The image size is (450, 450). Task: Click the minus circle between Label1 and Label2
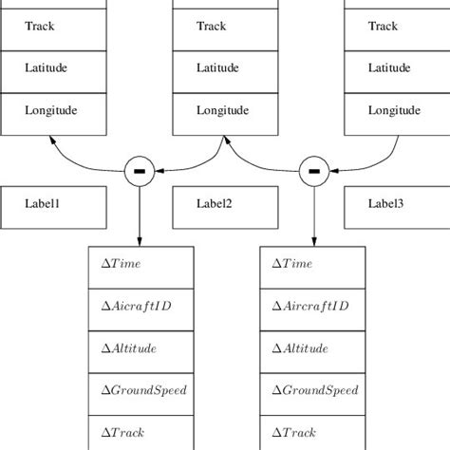click(x=140, y=171)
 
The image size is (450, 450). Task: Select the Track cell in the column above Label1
click(x=53, y=27)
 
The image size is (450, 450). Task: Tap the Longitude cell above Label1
click(x=53, y=111)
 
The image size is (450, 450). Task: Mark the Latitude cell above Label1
click(x=53, y=69)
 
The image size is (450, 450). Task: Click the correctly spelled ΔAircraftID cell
click(x=312, y=307)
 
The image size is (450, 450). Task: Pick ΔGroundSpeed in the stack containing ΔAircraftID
click(x=312, y=390)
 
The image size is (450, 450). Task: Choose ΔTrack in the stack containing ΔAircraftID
click(x=312, y=431)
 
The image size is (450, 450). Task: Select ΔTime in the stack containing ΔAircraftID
click(x=312, y=265)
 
